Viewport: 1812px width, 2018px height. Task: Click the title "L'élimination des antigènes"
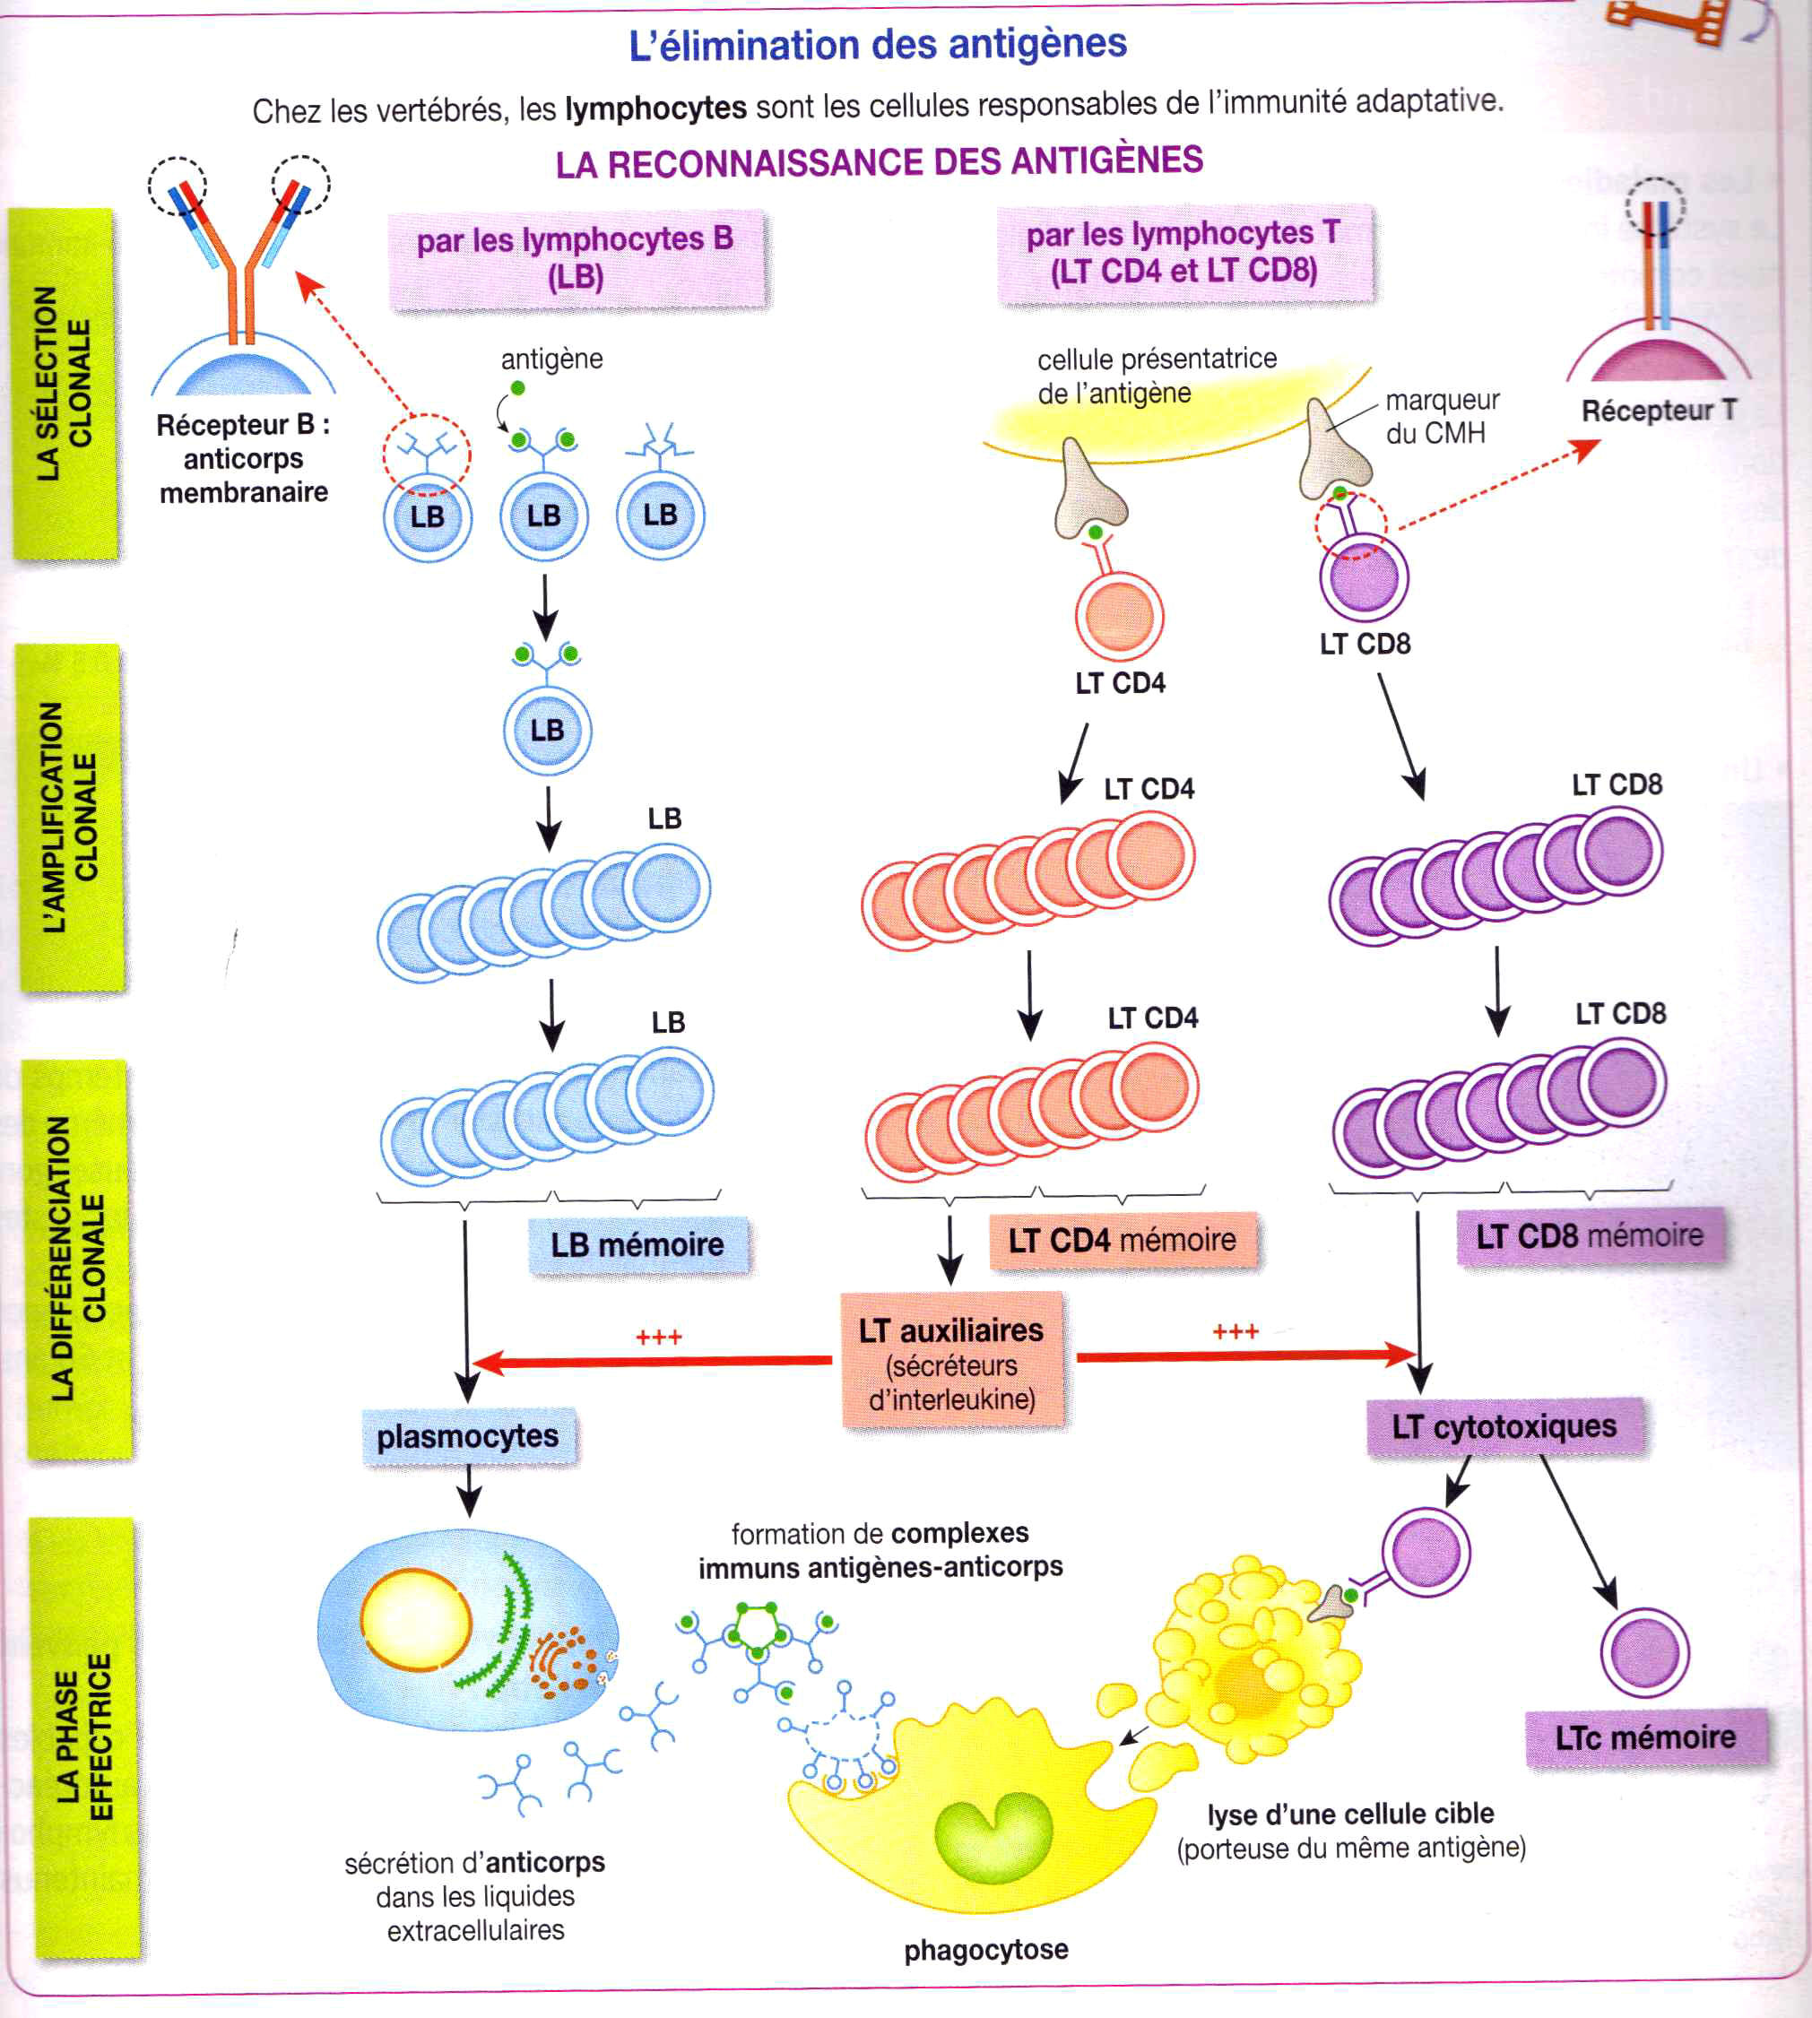tap(877, 45)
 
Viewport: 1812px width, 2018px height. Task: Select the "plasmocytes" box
tap(467, 1436)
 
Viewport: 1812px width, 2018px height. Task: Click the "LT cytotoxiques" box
tap(1504, 1426)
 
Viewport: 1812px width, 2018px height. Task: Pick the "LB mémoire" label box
tap(637, 1244)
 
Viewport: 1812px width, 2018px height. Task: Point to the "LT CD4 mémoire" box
tap(1122, 1241)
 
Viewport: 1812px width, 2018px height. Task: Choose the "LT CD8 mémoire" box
tap(1590, 1236)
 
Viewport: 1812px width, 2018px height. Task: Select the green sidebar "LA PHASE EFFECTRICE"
tap(84, 1737)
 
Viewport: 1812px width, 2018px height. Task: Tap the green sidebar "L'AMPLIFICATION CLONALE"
tap(70, 818)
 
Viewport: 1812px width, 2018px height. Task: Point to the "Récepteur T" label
tap(1659, 411)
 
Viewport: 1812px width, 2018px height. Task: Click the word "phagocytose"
tap(985, 1949)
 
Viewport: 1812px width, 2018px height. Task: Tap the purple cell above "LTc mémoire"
tap(1643, 1652)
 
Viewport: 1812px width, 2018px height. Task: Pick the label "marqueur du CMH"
tap(1441, 416)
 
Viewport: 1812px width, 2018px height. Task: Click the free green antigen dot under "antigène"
tap(517, 388)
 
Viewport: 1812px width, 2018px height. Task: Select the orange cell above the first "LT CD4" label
tap(1119, 614)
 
